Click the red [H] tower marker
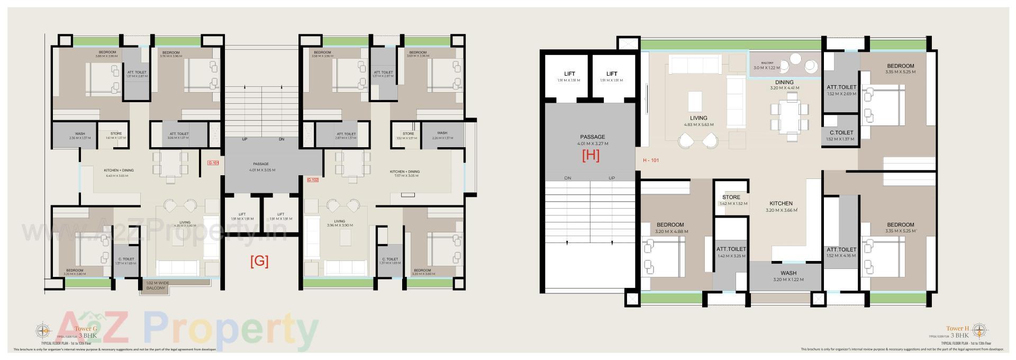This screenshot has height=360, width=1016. coord(591,156)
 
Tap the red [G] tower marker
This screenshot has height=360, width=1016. coord(259,262)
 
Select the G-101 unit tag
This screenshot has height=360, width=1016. coord(213,163)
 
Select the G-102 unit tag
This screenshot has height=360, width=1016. coord(312,180)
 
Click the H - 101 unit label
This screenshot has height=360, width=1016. coord(651,160)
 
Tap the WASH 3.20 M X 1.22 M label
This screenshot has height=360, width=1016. coord(788,276)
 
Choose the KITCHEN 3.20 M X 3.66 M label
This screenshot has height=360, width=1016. coord(781,206)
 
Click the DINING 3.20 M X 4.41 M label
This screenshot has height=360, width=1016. coord(784,85)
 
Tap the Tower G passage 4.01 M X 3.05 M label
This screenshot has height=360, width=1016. coord(261,167)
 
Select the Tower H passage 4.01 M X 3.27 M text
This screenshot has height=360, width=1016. coord(592,140)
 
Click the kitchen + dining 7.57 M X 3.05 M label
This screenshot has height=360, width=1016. coord(404,174)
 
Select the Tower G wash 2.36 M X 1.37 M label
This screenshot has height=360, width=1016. coord(80,136)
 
